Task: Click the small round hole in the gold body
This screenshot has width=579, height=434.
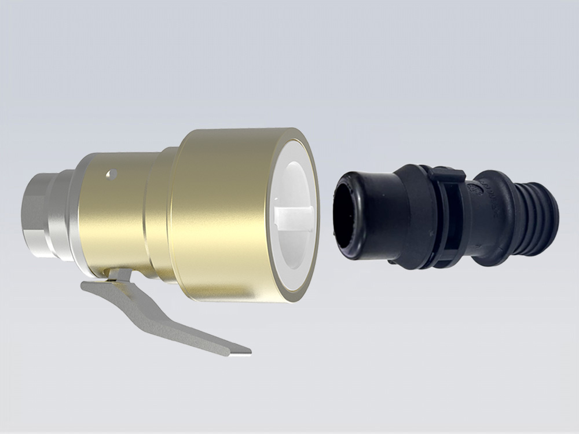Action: click(112, 173)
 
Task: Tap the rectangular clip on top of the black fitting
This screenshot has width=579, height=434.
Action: click(445, 173)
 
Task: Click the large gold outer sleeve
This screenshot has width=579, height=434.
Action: click(226, 214)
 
